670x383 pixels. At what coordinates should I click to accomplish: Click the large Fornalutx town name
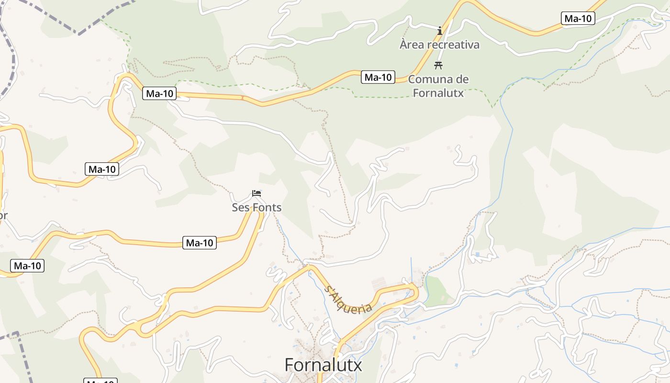324,365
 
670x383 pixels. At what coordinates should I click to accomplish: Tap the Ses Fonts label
257,207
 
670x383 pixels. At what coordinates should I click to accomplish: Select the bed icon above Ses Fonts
257,193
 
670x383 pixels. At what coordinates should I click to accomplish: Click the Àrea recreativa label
439,45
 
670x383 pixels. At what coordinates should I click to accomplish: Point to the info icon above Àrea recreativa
440,31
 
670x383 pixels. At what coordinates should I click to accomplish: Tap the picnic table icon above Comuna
438,66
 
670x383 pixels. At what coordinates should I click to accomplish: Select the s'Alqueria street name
348,299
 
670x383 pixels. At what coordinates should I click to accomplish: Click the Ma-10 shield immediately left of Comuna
378,77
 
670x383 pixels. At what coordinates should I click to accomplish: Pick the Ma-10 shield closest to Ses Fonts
200,243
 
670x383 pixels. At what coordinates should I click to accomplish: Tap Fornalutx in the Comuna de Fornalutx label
438,92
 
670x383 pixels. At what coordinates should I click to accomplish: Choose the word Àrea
413,45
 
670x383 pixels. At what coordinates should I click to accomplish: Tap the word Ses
240,207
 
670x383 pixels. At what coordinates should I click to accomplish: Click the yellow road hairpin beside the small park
415,292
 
